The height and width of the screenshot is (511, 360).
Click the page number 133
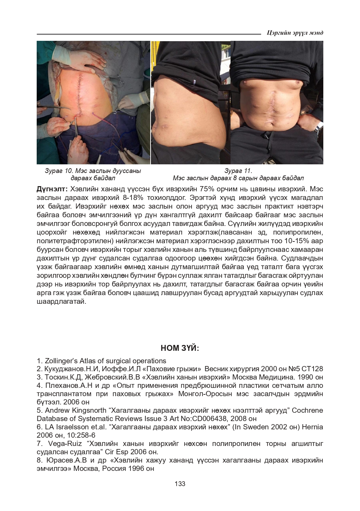click(180, 484)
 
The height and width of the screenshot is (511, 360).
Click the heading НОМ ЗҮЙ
click(180, 348)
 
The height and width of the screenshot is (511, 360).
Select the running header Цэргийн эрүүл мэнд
click(295, 33)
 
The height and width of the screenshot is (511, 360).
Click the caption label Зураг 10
click(58, 171)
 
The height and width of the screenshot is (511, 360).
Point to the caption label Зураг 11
click(238, 171)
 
